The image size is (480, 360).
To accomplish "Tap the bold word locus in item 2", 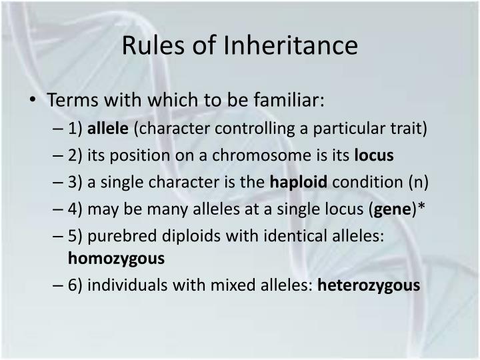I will pyautogui.click(x=374, y=155).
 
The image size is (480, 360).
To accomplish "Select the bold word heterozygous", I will pyautogui.click(x=369, y=285).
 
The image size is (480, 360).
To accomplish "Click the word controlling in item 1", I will pyautogui.click(x=254, y=129).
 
